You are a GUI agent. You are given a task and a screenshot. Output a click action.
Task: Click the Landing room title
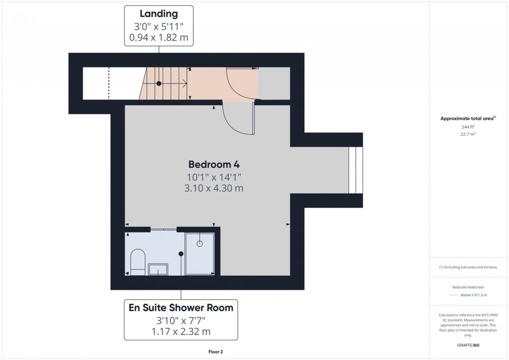coord(159,13)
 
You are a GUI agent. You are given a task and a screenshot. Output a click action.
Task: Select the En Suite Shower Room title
coord(181,308)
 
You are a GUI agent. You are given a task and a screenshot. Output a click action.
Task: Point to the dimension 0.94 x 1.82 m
coord(159,37)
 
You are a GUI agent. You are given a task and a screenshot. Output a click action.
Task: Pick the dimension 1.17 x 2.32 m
coord(181,331)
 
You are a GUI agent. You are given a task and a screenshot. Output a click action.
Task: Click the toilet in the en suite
coord(137,263)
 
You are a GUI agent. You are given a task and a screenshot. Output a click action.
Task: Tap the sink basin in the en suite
coord(158,269)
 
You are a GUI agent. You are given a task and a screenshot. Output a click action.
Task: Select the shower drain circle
coord(200,244)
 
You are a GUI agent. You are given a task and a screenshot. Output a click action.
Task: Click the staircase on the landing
coord(165,84)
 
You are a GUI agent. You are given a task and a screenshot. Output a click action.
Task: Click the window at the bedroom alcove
coord(355,170)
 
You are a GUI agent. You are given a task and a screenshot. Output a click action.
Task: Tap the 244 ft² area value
coord(467,127)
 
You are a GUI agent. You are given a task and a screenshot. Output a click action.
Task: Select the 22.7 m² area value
coord(467,134)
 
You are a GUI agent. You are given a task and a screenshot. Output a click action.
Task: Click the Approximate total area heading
coord(467,118)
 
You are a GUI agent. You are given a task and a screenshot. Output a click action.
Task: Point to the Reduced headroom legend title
coord(468,287)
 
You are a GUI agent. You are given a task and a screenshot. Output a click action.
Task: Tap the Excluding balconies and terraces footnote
coord(468,267)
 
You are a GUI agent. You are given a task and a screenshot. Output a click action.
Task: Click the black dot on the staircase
coord(159,83)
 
